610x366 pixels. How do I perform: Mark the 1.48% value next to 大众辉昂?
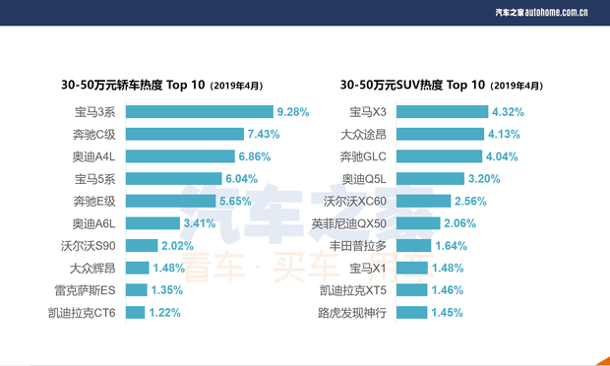(x=169, y=268)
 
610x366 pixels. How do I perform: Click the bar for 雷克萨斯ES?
(x=136, y=290)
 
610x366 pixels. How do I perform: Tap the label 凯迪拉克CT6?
(x=82, y=313)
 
